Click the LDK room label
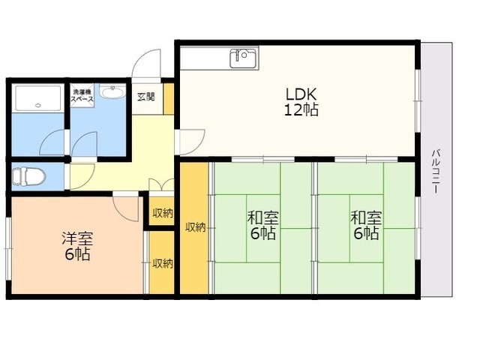(x=301, y=94)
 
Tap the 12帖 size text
(x=301, y=110)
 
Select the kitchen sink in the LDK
(x=243, y=58)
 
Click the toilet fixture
(x=28, y=176)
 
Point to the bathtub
(x=38, y=98)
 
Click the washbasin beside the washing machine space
(x=112, y=91)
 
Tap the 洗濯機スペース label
(x=82, y=96)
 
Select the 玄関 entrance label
(x=146, y=97)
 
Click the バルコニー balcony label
(x=436, y=171)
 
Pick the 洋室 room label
(x=77, y=238)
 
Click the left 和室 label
(x=263, y=218)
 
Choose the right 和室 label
(x=366, y=218)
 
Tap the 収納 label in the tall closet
(x=195, y=227)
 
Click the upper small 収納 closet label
(x=163, y=213)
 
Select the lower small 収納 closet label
(x=163, y=263)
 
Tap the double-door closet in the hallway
(x=161, y=184)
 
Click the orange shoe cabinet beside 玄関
(x=169, y=99)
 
